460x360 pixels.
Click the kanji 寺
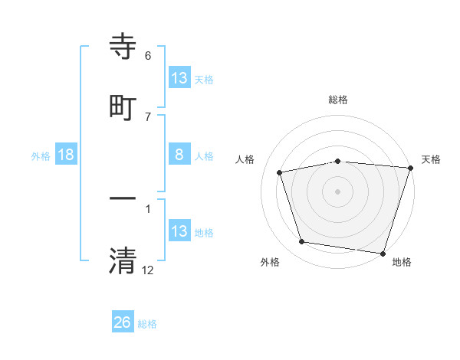[x=123, y=47]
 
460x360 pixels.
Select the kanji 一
[x=123, y=200]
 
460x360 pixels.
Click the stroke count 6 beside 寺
[x=148, y=56]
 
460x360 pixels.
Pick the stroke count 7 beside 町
[x=148, y=116]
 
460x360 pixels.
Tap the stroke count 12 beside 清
[x=148, y=270]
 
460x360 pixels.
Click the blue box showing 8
[x=179, y=155]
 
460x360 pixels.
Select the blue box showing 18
[x=66, y=155]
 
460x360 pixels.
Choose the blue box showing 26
[x=123, y=322]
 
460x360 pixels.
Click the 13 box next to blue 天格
[x=179, y=77]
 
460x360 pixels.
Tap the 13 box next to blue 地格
[x=179, y=231]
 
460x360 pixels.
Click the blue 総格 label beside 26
[x=147, y=324]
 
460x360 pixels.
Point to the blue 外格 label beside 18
[x=41, y=156]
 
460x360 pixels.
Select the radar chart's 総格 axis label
[x=338, y=100]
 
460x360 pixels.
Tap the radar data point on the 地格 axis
[x=383, y=253]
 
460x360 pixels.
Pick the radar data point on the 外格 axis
[x=302, y=242]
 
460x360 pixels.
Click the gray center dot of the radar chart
[x=338, y=191]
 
